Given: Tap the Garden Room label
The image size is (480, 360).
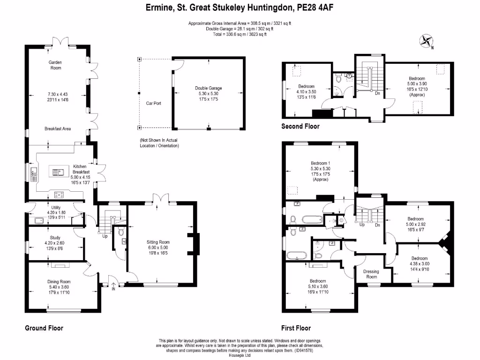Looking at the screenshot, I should click(x=55, y=65).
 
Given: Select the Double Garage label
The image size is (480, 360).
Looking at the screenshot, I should click(x=209, y=88).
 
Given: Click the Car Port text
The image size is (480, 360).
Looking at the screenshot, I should click(x=153, y=103).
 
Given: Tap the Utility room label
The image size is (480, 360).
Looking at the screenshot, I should click(x=56, y=207).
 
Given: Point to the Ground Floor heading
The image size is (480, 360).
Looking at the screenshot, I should click(x=44, y=328).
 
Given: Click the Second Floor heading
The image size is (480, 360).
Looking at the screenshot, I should click(x=300, y=126).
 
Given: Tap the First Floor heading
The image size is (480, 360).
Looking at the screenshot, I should click(x=296, y=328).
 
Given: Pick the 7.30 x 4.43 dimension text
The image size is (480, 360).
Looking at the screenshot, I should click(x=55, y=94).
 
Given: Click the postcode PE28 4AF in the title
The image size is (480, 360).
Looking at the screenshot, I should click(x=314, y=8).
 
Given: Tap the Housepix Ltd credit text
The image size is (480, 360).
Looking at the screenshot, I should click(x=240, y=355).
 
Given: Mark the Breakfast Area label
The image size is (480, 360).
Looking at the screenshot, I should click(x=58, y=129).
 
